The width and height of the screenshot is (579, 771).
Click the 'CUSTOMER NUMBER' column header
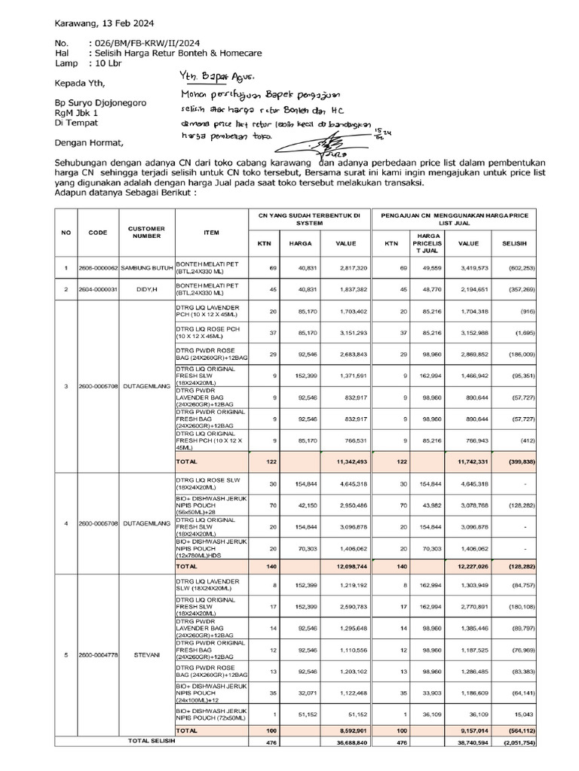coord(147,232)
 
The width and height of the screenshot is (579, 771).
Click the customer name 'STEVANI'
coord(149,654)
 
